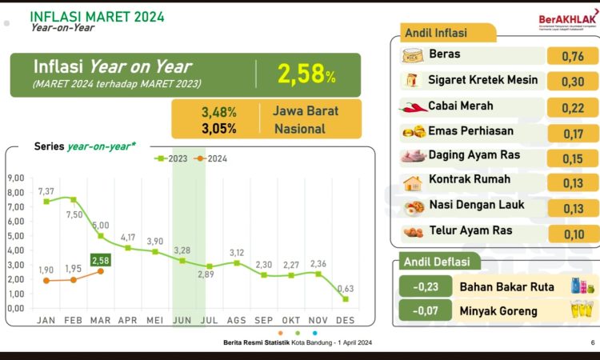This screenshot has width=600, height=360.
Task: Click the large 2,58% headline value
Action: tap(306, 74)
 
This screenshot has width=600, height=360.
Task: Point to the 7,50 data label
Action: tap(74, 214)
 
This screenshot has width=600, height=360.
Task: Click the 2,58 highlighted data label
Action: tap(101, 260)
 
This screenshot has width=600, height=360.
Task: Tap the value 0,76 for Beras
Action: tap(573, 56)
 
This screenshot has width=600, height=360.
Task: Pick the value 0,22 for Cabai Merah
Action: tap(573, 106)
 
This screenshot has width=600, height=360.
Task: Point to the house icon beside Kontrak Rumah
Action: tap(413, 182)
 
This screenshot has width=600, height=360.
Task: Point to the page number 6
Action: tap(593, 342)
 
